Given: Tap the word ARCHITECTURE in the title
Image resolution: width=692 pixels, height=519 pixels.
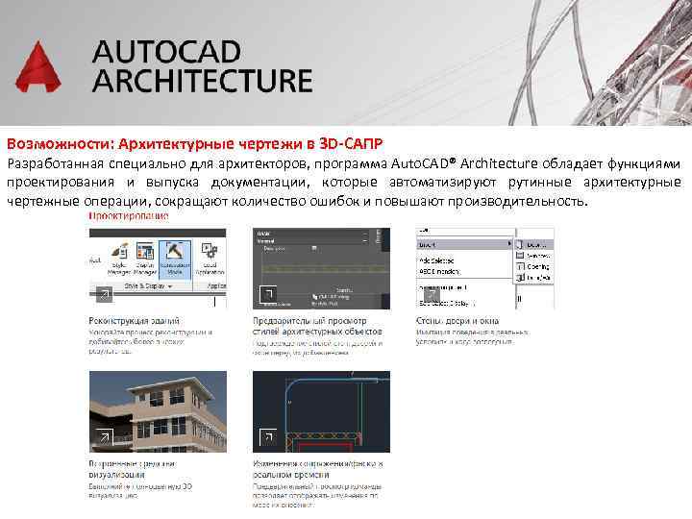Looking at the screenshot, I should tap(202, 81).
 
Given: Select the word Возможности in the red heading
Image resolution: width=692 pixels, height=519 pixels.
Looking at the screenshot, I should tap(57, 142).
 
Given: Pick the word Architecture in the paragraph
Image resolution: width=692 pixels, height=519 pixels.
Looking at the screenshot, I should tap(493, 163).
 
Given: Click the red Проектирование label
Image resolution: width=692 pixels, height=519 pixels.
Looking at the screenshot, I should tap(128, 216).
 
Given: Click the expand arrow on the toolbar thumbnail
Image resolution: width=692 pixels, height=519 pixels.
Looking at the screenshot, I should tap(103, 294).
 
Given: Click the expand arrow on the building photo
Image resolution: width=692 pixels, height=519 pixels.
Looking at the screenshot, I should tap(103, 438).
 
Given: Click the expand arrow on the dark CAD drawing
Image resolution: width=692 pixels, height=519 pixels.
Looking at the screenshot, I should tap(268, 438).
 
